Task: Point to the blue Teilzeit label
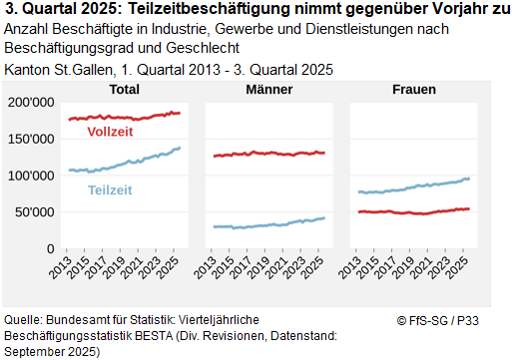coord(111,189)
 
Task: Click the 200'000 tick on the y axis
coord(29,103)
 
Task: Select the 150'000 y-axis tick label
coord(29,139)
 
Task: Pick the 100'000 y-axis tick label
coord(29,176)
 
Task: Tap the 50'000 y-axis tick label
coord(32,212)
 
